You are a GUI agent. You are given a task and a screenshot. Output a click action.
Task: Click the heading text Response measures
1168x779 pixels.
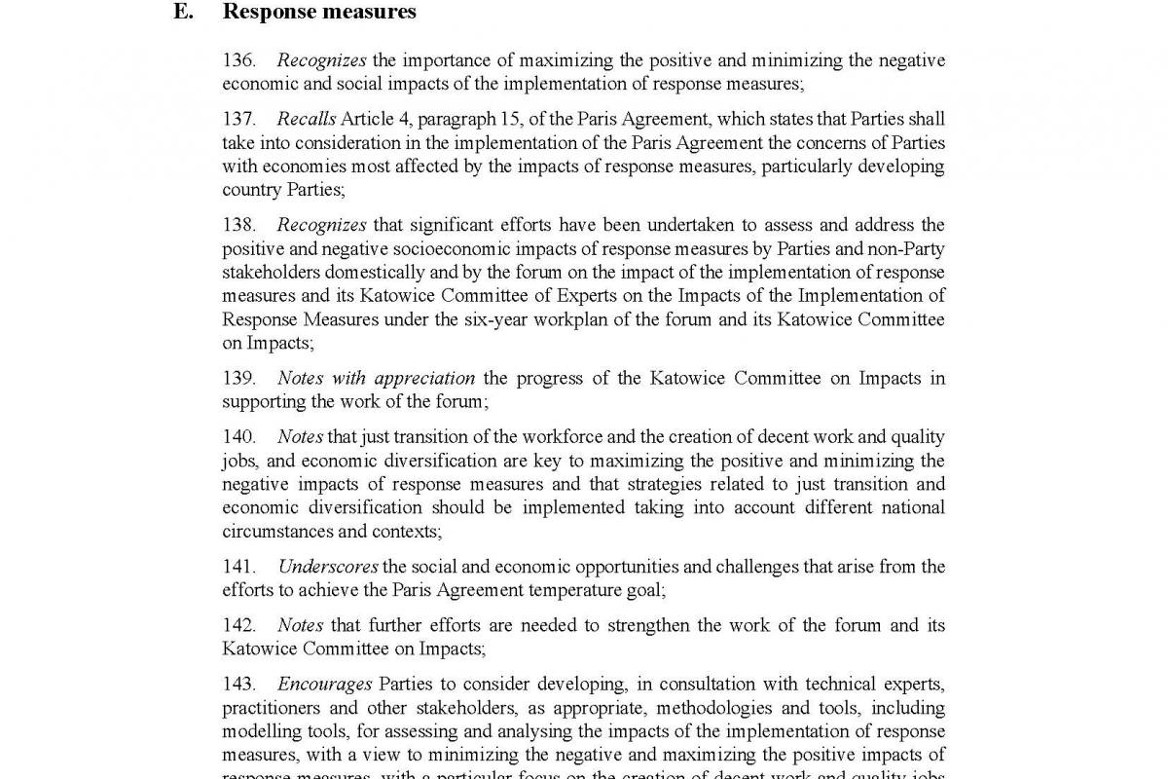(x=319, y=12)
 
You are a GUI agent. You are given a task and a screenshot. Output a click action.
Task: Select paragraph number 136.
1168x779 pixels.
(x=238, y=60)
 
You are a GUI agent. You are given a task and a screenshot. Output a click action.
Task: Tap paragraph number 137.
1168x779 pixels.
(x=238, y=119)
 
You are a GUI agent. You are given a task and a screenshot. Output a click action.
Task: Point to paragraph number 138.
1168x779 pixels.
(x=238, y=226)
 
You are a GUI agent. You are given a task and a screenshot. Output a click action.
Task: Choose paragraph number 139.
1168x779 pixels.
(x=238, y=378)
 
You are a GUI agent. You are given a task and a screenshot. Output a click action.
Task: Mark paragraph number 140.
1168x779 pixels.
(x=238, y=437)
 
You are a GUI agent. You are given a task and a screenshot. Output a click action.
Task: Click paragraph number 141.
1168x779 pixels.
(x=238, y=567)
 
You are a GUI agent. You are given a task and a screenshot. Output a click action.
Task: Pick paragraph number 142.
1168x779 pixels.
(x=238, y=625)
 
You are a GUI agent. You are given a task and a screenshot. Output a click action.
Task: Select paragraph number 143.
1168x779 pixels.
(x=238, y=685)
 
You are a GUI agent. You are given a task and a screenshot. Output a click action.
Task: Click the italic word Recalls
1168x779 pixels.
(x=306, y=119)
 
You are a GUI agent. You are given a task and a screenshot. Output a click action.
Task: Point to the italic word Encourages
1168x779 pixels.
(x=324, y=685)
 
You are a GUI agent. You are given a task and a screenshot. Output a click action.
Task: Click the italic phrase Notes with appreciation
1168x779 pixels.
(x=376, y=378)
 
